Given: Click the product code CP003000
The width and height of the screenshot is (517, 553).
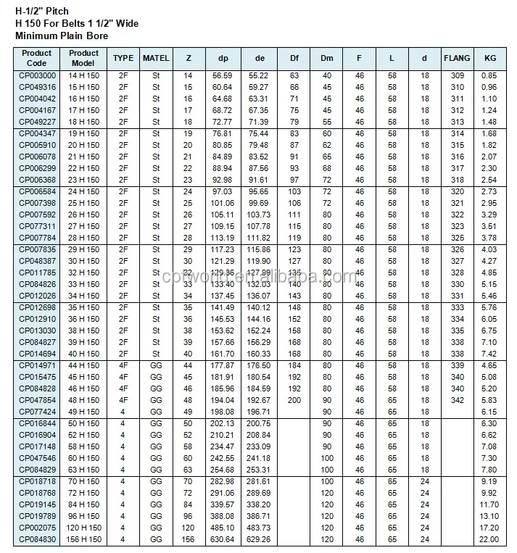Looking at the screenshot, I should click(x=36, y=75).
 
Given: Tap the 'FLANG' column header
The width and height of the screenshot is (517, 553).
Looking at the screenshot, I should click(x=458, y=58).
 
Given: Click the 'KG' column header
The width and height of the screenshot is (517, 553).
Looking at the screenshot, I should click(x=489, y=58).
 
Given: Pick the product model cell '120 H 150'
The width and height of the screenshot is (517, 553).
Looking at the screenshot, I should click(x=83, y=528).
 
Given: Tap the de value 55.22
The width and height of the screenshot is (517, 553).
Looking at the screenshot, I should click(x=259, y=75).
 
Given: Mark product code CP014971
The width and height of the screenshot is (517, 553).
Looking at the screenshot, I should click(x=36, y=366).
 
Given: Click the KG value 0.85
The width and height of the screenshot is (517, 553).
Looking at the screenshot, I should click(x=489, y=75).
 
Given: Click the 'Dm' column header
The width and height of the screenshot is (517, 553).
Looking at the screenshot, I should click(x=327, y=58).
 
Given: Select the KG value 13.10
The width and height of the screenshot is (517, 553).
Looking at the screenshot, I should click(x=489, y=517).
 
